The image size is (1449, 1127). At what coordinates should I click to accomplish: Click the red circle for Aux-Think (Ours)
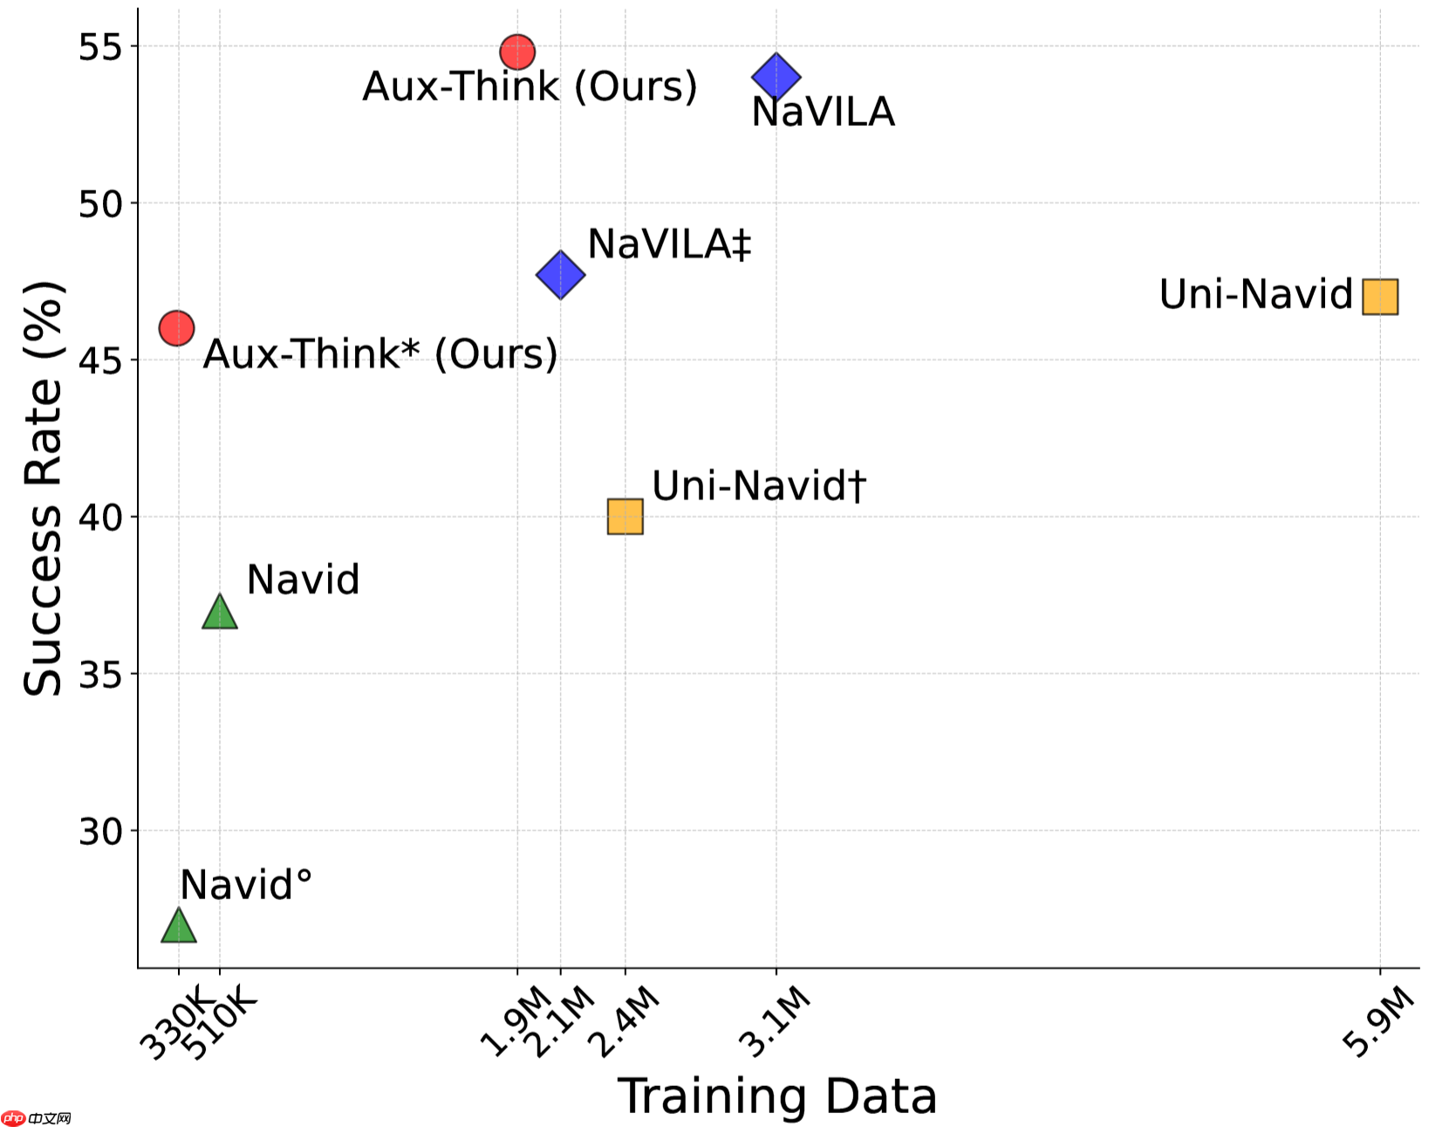pos(517,52)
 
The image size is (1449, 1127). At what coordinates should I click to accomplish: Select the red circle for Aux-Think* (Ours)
pos(177,328)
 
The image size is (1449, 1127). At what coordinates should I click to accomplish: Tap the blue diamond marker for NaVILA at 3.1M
pos(776,77)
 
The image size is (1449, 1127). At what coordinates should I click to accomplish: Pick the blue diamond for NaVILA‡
pos(560,275)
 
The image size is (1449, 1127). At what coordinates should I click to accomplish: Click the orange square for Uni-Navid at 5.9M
pos(1380,297)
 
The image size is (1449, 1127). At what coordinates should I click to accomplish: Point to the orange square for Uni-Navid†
pos(625,517)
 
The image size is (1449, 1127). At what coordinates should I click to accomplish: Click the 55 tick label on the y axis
pos(99,46)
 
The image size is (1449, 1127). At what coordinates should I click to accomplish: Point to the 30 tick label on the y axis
pos(99,832)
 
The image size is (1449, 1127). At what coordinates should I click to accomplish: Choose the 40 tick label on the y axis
pos(99,518)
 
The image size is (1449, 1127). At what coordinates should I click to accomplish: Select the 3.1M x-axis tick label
pos(774,1020)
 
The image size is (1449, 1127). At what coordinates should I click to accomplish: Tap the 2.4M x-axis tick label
pos(623,1020)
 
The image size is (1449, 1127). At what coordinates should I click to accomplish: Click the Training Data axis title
pos(776,1096)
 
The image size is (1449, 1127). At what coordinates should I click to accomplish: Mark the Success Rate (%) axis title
pos(44,489)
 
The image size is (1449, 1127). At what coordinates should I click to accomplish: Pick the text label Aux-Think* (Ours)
pos(380,354)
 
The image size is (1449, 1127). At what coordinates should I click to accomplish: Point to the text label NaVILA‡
pos(669,244)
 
